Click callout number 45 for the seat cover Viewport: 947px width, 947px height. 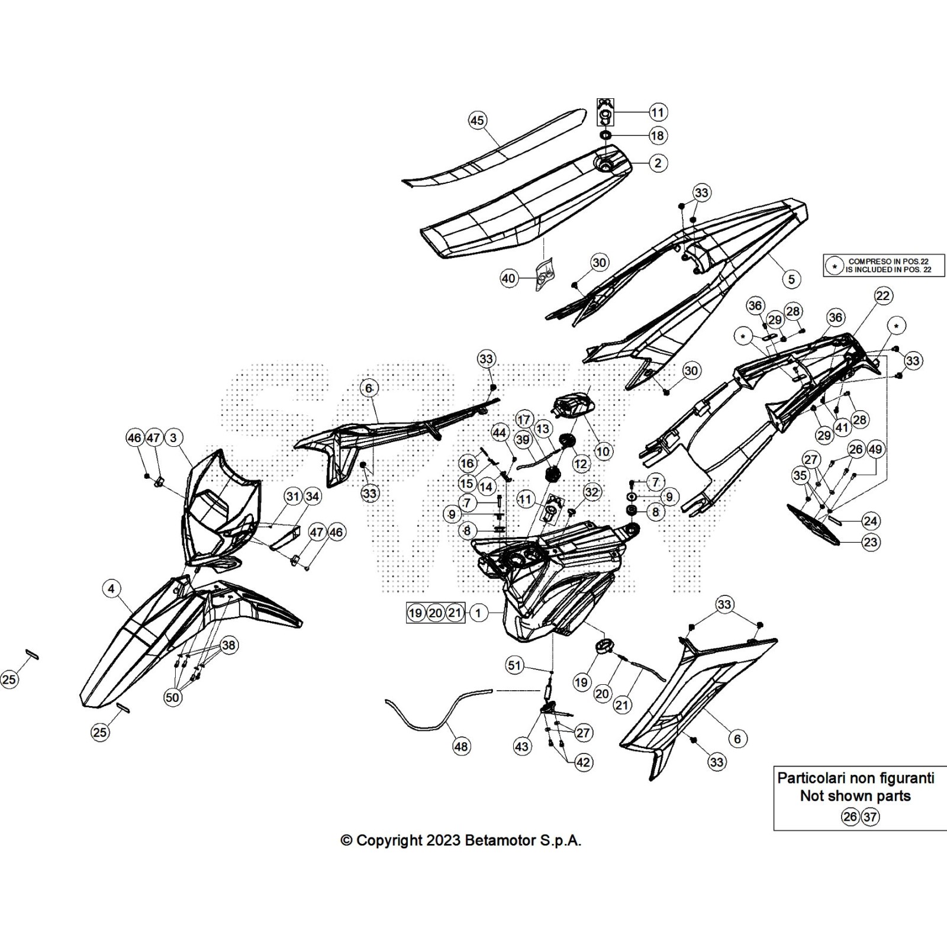tap(477, 121)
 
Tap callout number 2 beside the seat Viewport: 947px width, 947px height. tap(658, 163)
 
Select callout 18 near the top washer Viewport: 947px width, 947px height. tap(658, 136)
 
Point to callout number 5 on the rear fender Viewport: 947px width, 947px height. tap(791, 279)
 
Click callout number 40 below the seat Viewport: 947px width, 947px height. tap(509, 278)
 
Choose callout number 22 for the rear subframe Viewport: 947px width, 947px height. tap(882, 296)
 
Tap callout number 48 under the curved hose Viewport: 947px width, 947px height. tap(461, 746)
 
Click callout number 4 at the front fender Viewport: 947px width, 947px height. tap(111, 588)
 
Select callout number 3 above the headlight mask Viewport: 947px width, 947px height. tap(173, 438)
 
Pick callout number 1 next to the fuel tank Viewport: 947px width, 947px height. tap(478, 613)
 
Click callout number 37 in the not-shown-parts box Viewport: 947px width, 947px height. tap(869, 817)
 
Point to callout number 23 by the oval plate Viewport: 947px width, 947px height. tap(870, 542)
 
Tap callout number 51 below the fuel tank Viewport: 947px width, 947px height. tap(514, 665)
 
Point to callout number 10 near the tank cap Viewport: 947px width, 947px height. tap(603, 452)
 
